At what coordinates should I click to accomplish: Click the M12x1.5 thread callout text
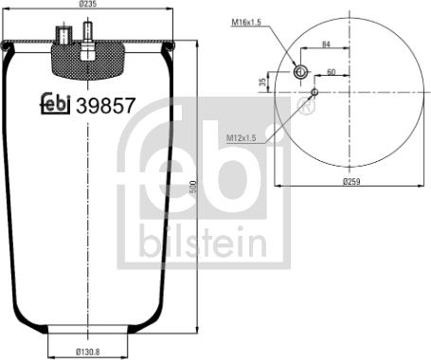pos(244,140)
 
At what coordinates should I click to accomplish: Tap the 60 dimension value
pos(332,72)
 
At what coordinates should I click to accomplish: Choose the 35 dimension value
pos(261,82)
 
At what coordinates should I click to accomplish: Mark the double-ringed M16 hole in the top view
pos(301,73)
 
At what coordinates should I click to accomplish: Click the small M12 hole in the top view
pos(314,92)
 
